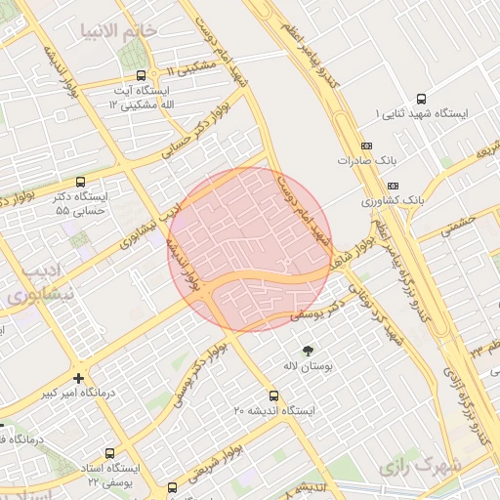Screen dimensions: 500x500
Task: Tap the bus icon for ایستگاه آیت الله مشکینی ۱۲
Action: pyautogui.click(x=142, y=74)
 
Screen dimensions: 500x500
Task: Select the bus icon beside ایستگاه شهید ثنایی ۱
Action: pyautogui.click(x=421, y=99)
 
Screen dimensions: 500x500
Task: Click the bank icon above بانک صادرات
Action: pyautogui.click(x=366, y=145)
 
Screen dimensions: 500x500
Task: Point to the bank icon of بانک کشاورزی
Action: pyautogui.click(x=393, y=185)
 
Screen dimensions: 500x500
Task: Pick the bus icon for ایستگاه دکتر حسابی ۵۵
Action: pyautogui.click(x=80, y=182)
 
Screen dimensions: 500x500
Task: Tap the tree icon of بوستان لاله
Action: pyautogui.click(x=309, y=349)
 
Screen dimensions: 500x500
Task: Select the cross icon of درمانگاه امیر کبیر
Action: pyautogui.click(x=78, y=377)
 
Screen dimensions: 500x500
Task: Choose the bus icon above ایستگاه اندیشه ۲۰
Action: pyautogui.click(x=273, y=396)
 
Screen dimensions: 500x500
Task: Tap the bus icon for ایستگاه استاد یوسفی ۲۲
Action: pyautogui.click(x=109, y=453)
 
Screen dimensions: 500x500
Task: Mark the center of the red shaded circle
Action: pyautogui.click(x=251, y=249)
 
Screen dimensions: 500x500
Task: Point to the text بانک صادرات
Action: pyautogui.click(x=363, y=159)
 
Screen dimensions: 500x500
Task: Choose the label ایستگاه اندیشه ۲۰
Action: pyautogui.click(x=274, y=411)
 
